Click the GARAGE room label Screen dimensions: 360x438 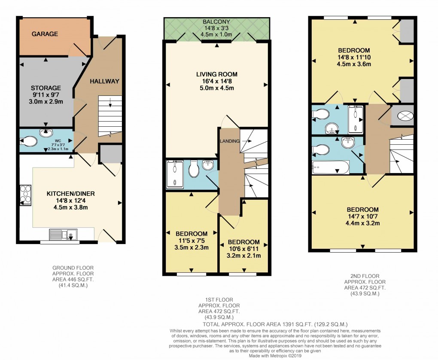coord(45,34)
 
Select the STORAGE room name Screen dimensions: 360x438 coord(46,88)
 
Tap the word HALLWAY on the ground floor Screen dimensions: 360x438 coord(104,81)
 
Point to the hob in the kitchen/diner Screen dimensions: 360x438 coord(25,195)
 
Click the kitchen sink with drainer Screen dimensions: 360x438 coord(63,234)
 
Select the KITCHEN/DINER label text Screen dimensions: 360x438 coord(70,194)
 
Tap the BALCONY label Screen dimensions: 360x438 coord(217,22)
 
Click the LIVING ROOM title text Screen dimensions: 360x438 coord(217,74)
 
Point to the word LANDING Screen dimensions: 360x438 coord(230,141)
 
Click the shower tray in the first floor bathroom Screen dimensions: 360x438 coord(175,174)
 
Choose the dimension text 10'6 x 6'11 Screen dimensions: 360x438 coord(243,249)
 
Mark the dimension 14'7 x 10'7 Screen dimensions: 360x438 coord(363,217)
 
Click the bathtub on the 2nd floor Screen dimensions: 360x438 coord(330,168)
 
